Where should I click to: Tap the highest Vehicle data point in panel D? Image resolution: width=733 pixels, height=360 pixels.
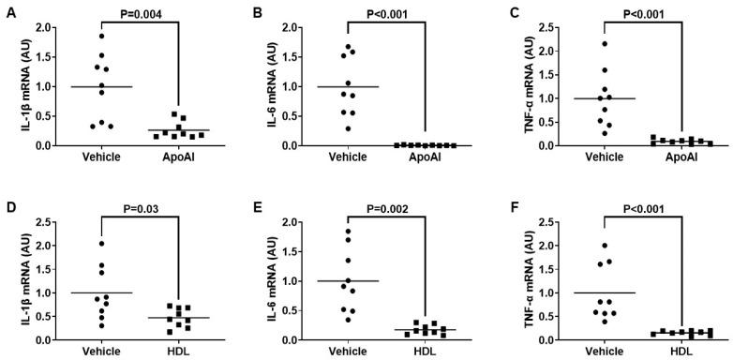(x=100, y=244)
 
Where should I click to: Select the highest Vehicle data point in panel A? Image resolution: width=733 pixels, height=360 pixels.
(x=100, y=36)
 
